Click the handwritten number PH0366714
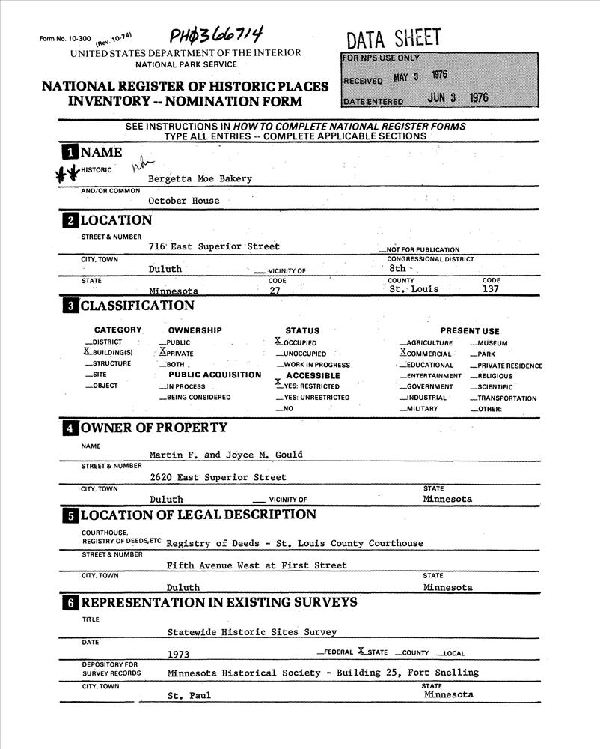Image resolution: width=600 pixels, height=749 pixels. coord(215,35)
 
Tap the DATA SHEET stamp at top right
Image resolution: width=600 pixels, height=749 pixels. coord(394,37)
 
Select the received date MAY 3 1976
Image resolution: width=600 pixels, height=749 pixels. coord(420,76)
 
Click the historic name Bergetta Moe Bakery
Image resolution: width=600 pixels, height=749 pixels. coord(200,178)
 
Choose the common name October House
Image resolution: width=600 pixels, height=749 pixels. coord(183,201)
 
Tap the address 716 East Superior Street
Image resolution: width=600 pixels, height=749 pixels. coord(214,246)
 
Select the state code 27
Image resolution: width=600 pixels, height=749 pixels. coord(275,290)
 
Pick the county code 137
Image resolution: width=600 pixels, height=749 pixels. coord(492,288)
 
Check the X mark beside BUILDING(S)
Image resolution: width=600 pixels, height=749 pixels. coord(87,351)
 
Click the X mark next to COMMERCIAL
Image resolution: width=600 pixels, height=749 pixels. coord(403,352)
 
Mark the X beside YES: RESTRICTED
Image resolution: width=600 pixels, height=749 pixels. coord(278,382)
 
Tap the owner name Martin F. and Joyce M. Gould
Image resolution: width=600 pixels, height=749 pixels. coord(225,455)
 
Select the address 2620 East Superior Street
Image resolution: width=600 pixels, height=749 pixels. coord(217,477)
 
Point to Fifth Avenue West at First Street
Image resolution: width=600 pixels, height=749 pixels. coord(257,565)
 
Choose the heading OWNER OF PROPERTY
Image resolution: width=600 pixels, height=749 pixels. coord(153,428)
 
